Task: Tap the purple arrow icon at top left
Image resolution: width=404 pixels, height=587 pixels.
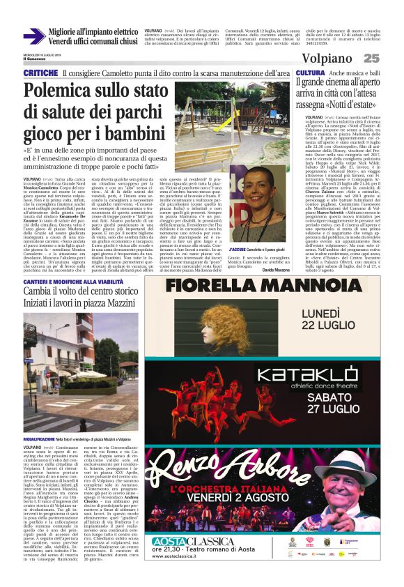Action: (33, 36)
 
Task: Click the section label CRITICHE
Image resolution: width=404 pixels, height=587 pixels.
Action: (40, 73)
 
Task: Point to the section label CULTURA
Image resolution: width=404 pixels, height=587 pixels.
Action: (309, 73)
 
